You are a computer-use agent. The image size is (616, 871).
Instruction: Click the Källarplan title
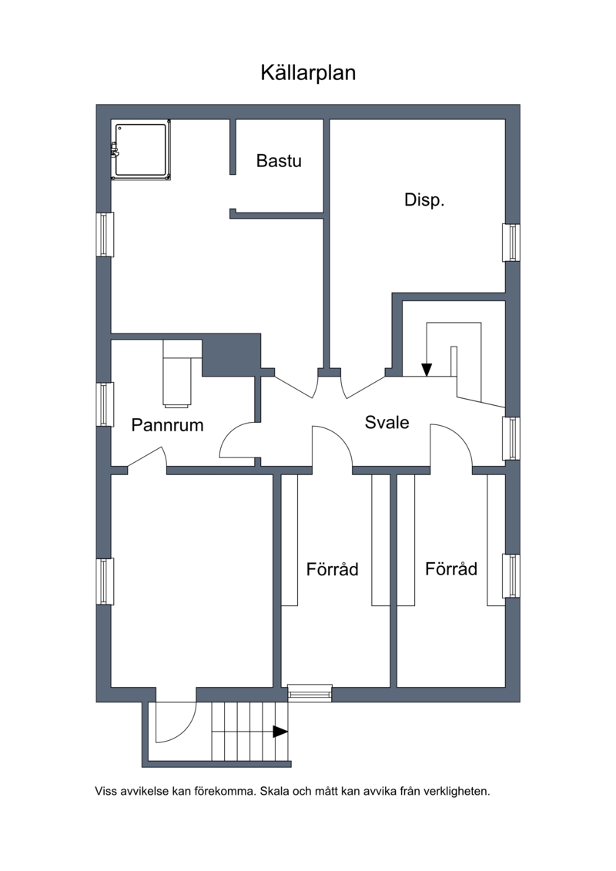click(308, 72)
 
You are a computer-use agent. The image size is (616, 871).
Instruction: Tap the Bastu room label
click(279, 160)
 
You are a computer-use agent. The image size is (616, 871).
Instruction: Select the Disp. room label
click(424, 199)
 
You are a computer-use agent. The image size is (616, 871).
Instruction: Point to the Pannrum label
click(167, 425)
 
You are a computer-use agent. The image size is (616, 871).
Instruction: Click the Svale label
click(387, 422)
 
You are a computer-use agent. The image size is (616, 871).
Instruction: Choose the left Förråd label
click(332, 569)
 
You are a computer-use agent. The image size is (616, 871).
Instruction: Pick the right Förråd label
click(451, 568)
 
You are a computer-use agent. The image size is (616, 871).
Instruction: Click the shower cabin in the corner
click(141, 150)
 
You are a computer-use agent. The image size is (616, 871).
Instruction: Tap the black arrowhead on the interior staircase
click(426, 370)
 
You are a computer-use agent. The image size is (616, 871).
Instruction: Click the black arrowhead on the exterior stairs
click(280, 732)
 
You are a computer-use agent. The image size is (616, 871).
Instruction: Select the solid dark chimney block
click(231, 355)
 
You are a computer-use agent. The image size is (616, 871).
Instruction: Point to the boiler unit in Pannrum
click(182, 374)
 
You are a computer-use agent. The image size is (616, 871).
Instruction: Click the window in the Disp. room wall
click(511, 242)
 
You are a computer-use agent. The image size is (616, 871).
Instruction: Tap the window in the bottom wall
click(310, 693)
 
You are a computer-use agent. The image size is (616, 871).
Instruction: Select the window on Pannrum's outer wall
click(105, 404)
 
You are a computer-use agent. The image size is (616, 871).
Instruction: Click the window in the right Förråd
click(511, 575)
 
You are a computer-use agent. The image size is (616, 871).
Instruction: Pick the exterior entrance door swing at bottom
click(176, 722)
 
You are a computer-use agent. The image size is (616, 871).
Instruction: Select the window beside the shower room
click(105, 234)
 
